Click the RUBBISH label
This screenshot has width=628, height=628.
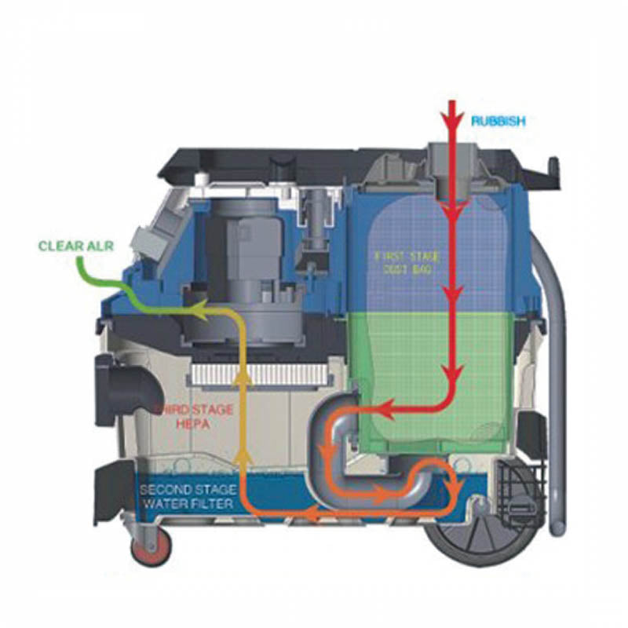click(x=498, y=121)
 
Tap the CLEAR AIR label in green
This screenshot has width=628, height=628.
click(x=75, y=246)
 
